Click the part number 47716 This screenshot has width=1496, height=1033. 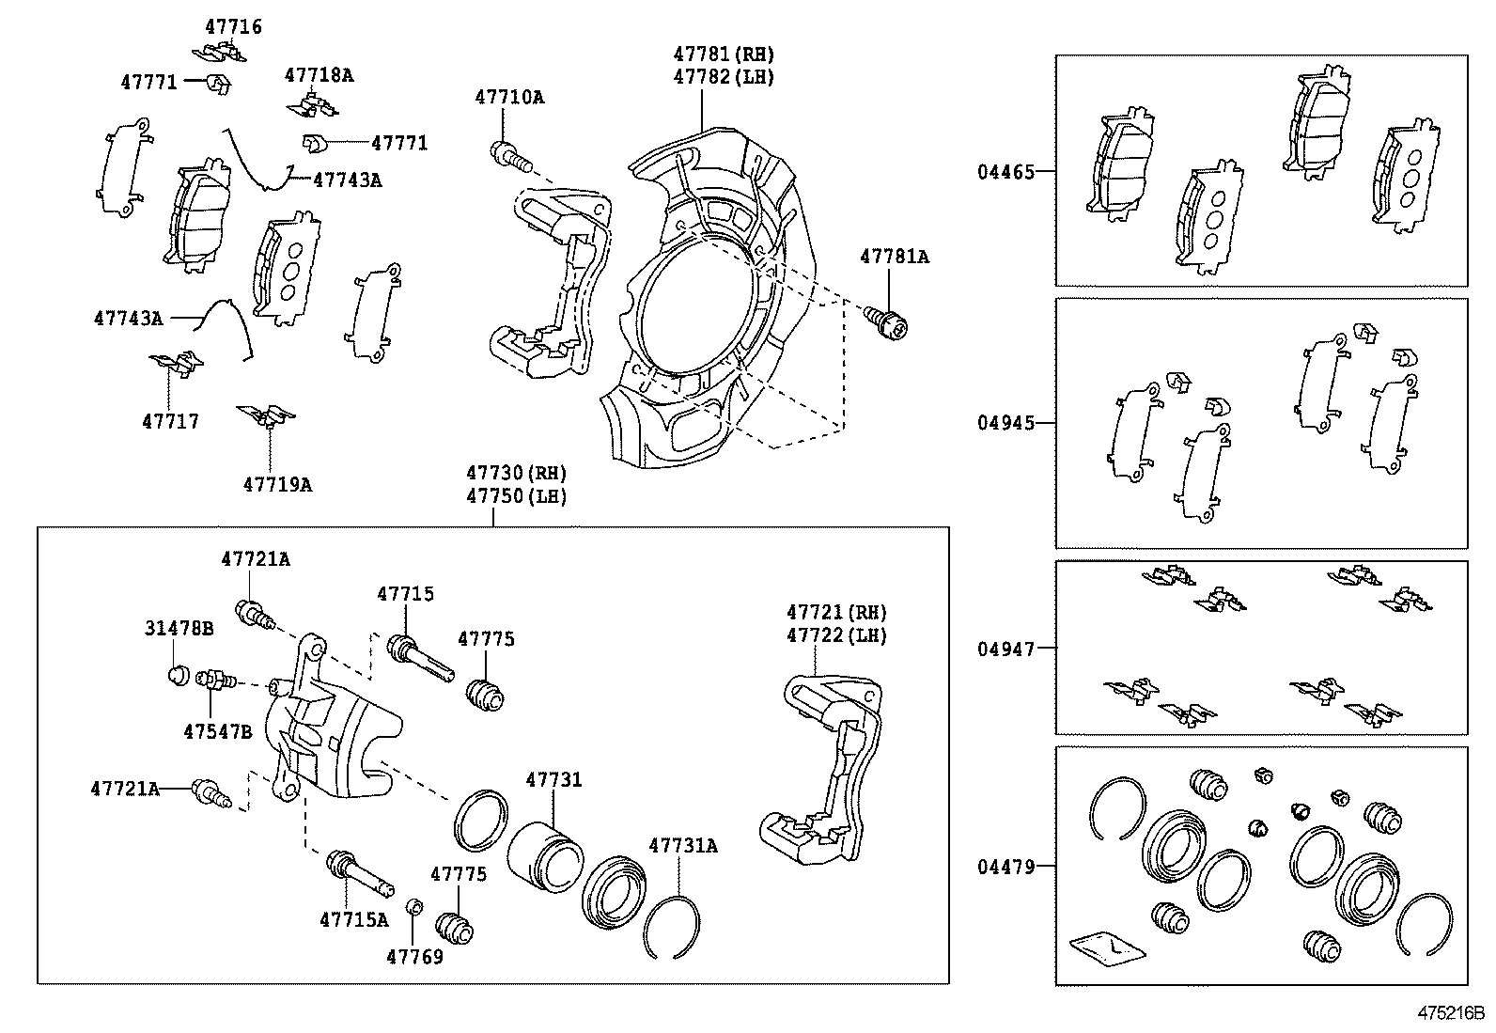tap(233, 27)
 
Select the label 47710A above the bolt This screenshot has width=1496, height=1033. tap(509, 97)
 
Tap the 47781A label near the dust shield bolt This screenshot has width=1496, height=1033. tap(894, 256)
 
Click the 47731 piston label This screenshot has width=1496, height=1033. tap(553, 779)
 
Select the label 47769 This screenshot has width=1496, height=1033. tap(414, 957)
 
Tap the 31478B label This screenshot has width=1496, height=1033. tap(179, 628)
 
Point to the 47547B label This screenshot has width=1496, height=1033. tap(217, 730)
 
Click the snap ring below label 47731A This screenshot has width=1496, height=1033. tap(673, 925)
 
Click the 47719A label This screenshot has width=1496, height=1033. tap(277, 485)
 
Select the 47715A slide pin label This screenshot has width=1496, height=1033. tap(353, 919)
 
